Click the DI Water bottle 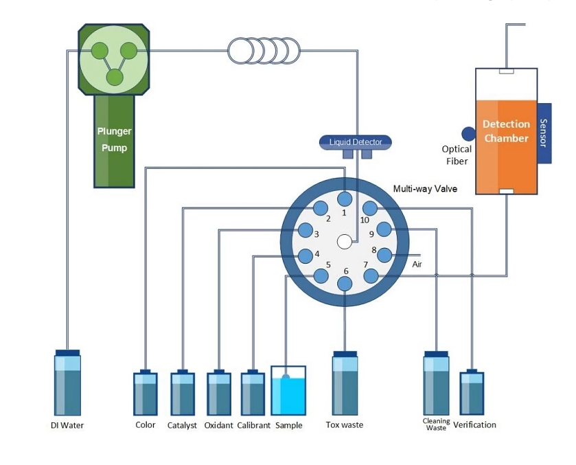pyautogui.click(x=67, y=385)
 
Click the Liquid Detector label pyautogui.click(x=356, y=142)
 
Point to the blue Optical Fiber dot pyautogui.click(x=468, y=134)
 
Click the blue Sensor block pyautogui.click(x=544, y=133)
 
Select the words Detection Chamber pyautogui.click(x=506, y=131)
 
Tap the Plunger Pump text pyautogui.click(x=114, y=139)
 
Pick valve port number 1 pyautogui.click(x=345, y=199)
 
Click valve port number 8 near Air pyautogui.click(x=384, y=255)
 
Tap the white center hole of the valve pyautogui.click(x=345, y=241)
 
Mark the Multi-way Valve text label pyautogui.click(x=425, y=189)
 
